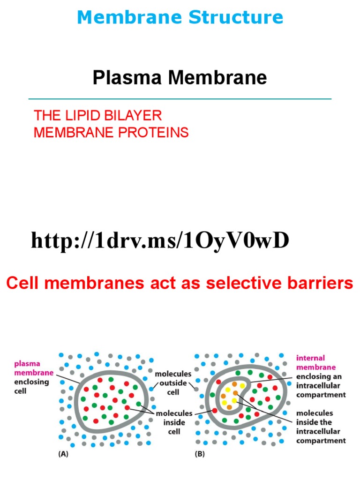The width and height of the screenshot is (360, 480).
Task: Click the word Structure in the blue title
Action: pos(236,17)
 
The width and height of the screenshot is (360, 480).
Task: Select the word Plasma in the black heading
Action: pos(127,77)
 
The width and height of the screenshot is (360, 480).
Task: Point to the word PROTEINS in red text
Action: pos(153,132)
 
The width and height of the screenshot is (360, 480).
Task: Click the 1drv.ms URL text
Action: pos(160,240)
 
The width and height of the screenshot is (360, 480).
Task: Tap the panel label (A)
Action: pos(63,454)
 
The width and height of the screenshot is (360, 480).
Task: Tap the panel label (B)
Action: pos(200,454)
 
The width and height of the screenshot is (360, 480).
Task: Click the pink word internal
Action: pos(310,358)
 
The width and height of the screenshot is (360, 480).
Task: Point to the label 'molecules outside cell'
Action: pos(173,383)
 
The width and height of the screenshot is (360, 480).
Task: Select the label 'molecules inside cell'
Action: pos(174,422)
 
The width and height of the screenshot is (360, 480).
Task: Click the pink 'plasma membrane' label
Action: pos(34,368)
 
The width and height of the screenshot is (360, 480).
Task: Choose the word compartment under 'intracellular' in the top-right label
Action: pos(321,395)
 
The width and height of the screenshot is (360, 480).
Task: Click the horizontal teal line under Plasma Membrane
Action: pos(180,99)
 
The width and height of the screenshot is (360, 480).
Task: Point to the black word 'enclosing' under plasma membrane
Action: pos(31,382)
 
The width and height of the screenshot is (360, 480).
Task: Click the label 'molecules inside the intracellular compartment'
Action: pos(321,427)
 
